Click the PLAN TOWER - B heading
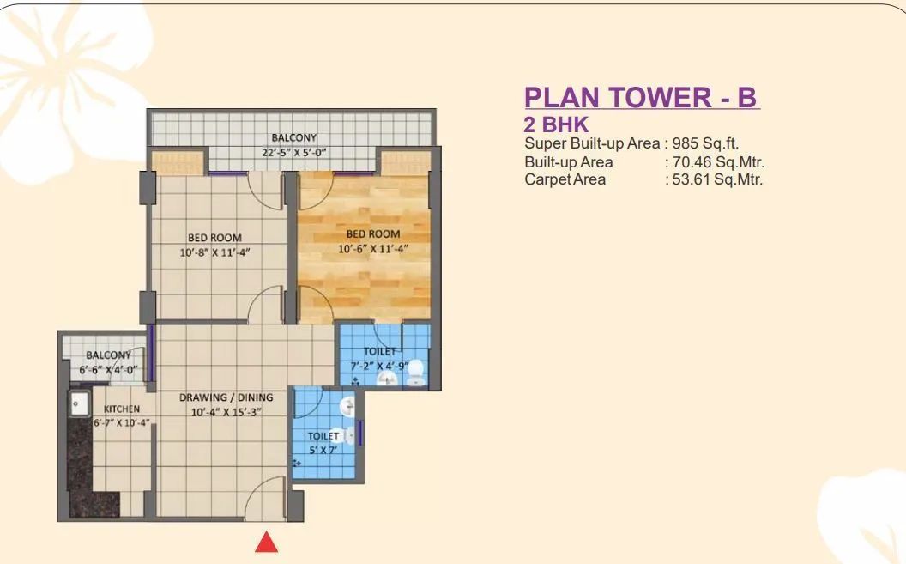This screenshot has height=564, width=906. pyautogui.click(x=642, y=98)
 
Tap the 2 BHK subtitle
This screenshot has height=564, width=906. pyautogui.click(x=556, y=125)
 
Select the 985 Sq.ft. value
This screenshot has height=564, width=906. pyautogui.click(x=705, y=143)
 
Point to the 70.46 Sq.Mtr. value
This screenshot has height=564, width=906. pyautogui.click(x=717, y=161)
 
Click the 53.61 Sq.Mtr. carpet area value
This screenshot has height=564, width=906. pyautogui.click(x=717, y=179)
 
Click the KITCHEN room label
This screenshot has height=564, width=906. pyautogui.click(x=122, y=409)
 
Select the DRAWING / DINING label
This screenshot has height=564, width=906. pyautogui.click(x=226, y=397)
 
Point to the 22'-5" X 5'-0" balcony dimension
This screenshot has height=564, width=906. pyautogui.click(x=295, y=153)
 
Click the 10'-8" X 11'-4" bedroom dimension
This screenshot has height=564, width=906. pyautogui.click(x=214, y=252)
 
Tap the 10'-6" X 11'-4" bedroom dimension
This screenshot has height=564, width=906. pyautogui.click(x=372, y=249)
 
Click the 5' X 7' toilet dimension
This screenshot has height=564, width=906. pyautogui.click(x=323, y=449)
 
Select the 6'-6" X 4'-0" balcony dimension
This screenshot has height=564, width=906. pyautogui.click(x=109, y=370)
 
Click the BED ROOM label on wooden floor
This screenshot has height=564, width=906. pyautogui.click(x=373, y=233)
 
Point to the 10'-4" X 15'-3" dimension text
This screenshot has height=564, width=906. pyautogui.click(x=226, y=411)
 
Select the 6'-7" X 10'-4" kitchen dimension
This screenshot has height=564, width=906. pyautogui.click(x=122, y=421)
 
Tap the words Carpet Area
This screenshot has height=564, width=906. pyautogui.click(x=565, y=179)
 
